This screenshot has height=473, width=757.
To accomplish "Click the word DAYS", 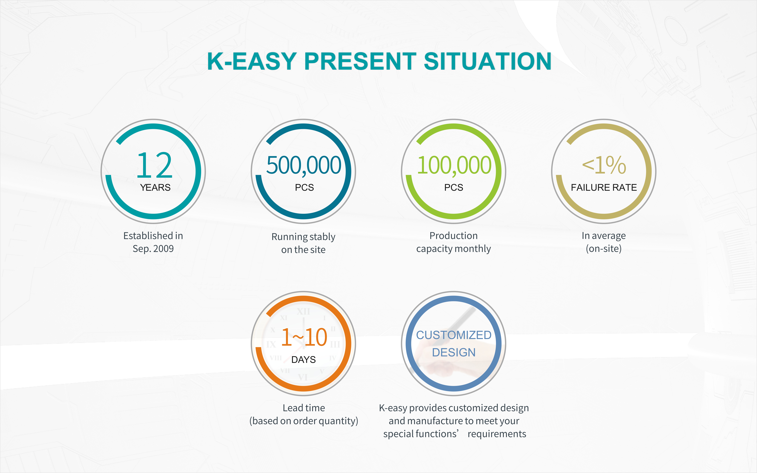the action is pyautogui.click(x=304, y=360).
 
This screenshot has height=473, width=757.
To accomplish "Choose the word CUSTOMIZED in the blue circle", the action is pyautogui.click(x=454, y=335).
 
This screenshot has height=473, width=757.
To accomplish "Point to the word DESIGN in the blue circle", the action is pyautogui.click(x=454, y=353).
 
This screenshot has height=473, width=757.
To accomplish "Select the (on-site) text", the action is pyautogui.click(x=604, y=249).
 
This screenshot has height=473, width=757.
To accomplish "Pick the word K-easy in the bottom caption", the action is pyautogui.click(x=393, y=408).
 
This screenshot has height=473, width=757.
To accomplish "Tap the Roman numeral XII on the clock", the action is pyautogui.click(x=303, y=312).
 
